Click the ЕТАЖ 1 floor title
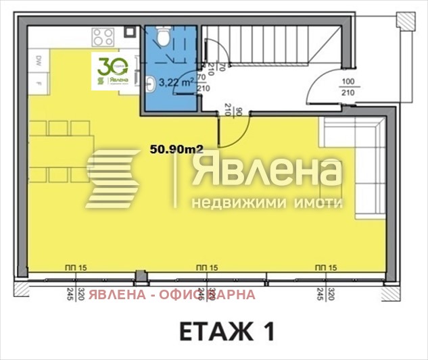(x=227, y=332)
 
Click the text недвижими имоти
(x=268, y=203)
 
